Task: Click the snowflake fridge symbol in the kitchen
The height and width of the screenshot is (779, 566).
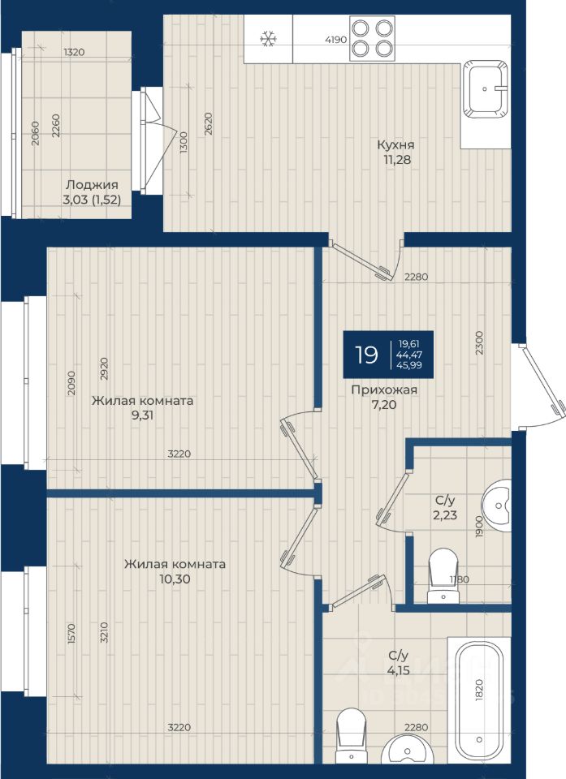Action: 269,39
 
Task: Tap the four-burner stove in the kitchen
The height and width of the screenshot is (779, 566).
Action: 373,38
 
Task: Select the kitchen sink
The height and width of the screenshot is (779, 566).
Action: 486,89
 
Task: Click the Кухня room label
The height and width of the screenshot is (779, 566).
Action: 395,145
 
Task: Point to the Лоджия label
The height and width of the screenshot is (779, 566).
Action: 92,185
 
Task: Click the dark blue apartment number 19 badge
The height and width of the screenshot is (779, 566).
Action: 388,355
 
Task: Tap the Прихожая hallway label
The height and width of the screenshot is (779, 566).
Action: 384,390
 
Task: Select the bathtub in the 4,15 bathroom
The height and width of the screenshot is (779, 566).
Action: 479,700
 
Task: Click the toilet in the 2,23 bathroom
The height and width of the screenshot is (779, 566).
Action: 443,575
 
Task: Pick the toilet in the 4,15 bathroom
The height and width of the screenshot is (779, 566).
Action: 351,736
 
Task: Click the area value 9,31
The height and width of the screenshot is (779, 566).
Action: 142,415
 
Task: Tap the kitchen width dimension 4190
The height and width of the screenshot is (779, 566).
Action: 335,40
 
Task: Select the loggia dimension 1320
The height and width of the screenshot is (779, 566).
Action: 74,52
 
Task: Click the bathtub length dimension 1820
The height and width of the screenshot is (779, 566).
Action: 479,690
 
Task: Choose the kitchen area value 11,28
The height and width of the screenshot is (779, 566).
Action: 397,160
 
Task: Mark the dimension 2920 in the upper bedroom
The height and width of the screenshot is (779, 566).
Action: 104,368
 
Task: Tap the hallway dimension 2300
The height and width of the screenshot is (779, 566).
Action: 479,342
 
